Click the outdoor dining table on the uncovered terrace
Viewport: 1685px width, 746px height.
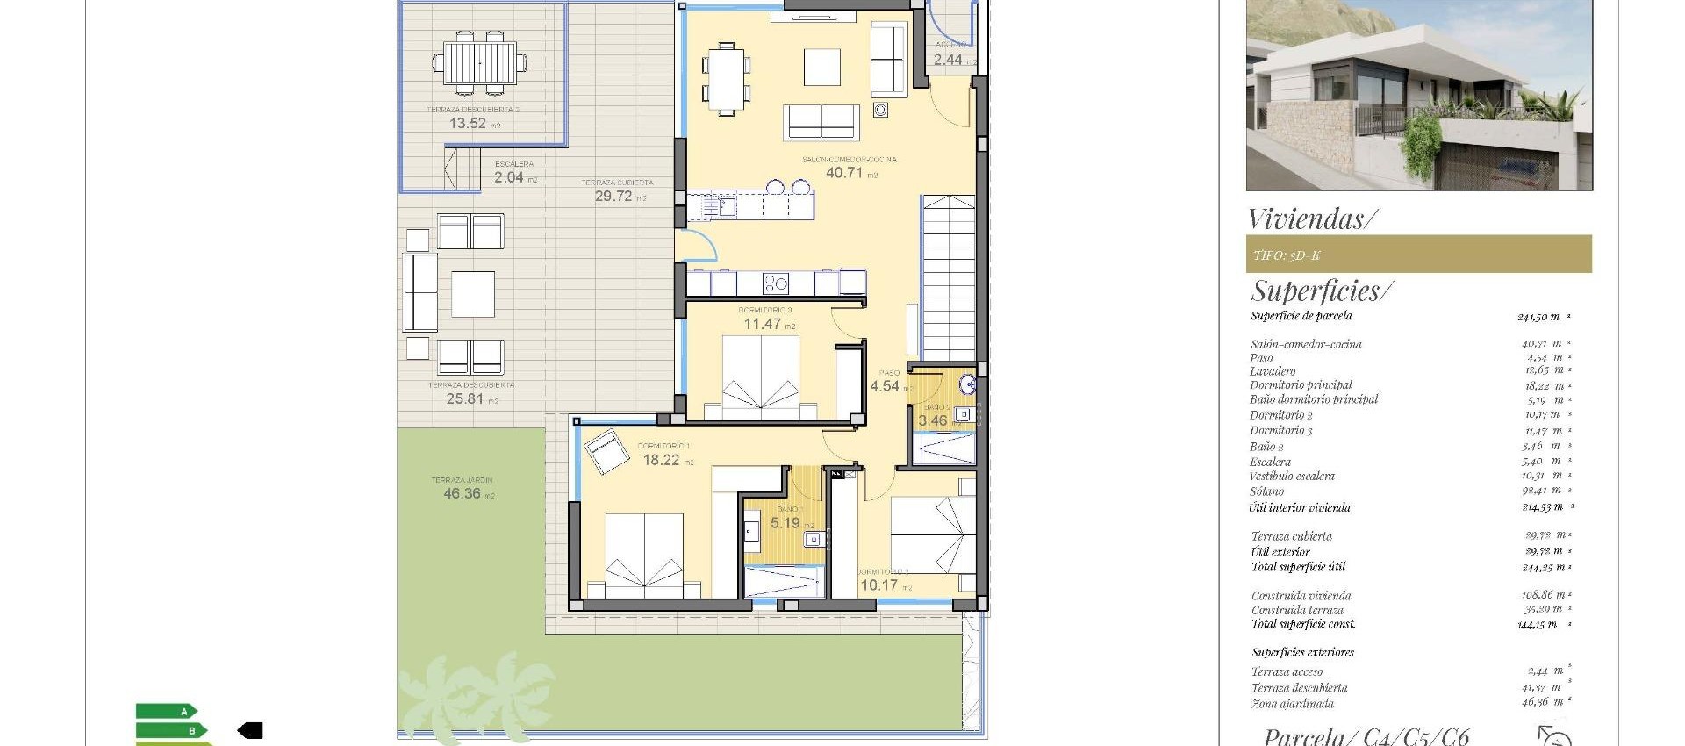click(479, 63)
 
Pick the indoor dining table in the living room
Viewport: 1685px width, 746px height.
click(726, 79)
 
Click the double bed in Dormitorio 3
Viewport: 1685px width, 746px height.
click(761, 377)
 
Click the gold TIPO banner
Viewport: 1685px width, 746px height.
click(1418, 255)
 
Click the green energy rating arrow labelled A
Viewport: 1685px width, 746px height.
click(167, 712)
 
